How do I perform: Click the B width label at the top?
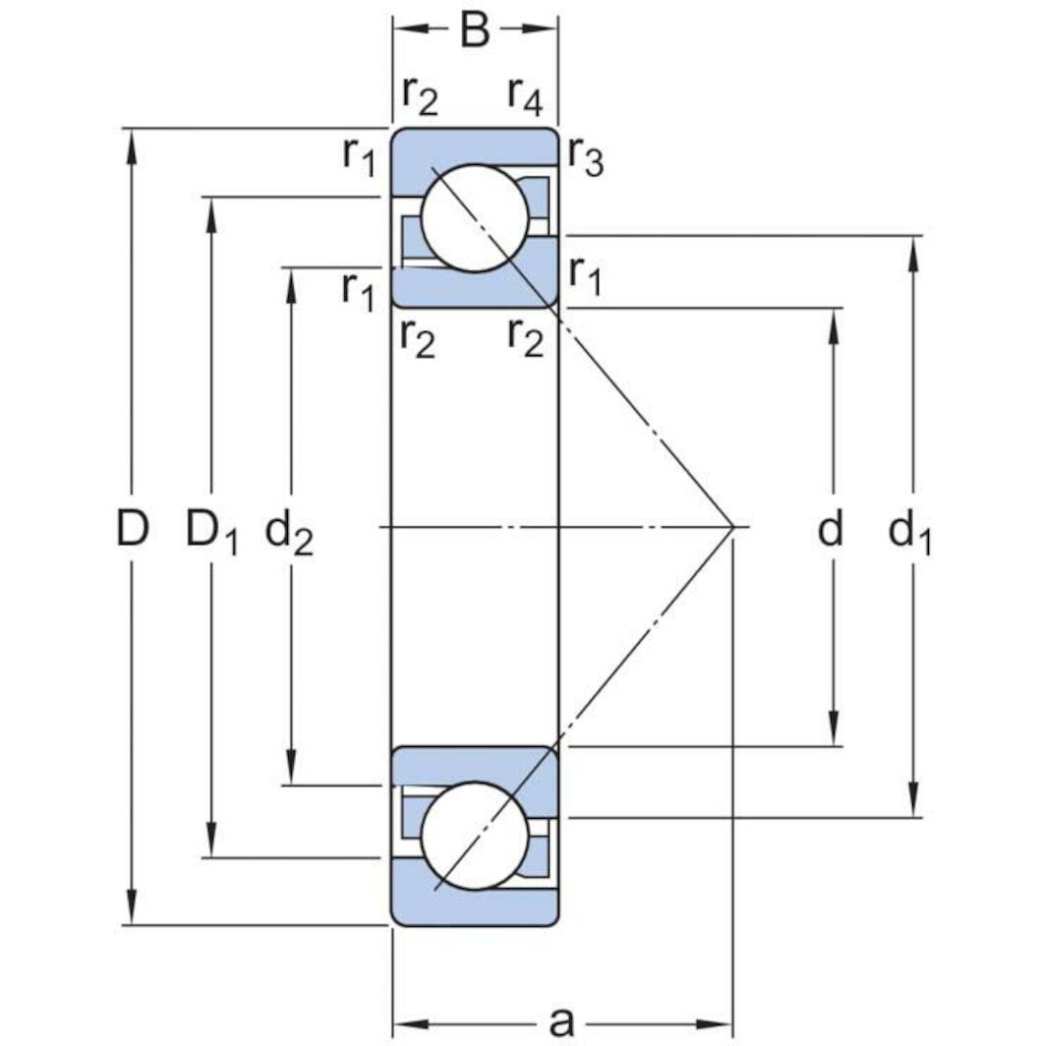tap(475, 30)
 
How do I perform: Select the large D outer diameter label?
tap(132, 529)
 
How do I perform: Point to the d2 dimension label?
tap(289, 533)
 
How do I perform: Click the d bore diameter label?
tap(831, 530)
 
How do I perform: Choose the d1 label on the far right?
tap(909, 533)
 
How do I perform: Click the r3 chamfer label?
tap(585, 157)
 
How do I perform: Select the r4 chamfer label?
tap(525, 93)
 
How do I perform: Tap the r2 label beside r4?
tap(418, 93)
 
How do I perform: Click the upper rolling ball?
tap(475, 217)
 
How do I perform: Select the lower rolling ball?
tap(475, 836)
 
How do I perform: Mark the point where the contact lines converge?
tap(733, 527)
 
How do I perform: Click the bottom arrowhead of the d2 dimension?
tap(291, 773)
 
